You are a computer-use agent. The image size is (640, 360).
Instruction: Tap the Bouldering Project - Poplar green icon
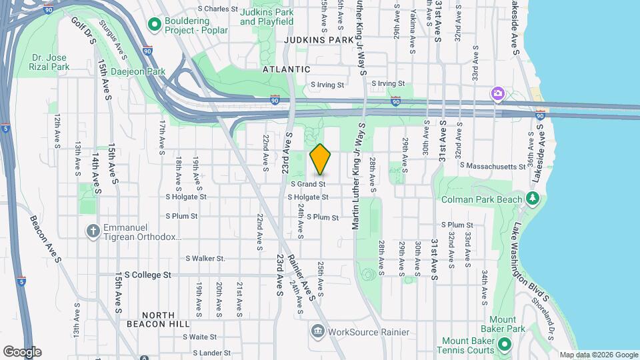[155, 25]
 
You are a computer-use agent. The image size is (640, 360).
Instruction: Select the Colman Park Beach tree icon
[532, 199]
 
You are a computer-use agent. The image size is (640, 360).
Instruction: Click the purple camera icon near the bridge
[497, 94]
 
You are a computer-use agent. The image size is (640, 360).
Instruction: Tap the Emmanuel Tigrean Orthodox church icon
[93, 231]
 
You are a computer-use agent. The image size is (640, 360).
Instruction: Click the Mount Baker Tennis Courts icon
[505, 344]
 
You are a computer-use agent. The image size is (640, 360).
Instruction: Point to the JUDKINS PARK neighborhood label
[317, 40]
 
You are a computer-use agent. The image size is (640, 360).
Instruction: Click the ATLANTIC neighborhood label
[286, 69]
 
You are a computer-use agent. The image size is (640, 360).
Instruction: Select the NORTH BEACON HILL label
[158, 319]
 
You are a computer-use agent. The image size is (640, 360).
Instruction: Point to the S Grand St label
[307, 183]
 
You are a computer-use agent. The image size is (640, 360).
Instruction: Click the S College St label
[147, 275]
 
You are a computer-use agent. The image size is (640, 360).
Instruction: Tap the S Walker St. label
[205, 258]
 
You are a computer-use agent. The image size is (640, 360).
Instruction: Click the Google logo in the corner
[22, 351]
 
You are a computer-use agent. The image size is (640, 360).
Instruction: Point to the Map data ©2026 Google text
[599, 355]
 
